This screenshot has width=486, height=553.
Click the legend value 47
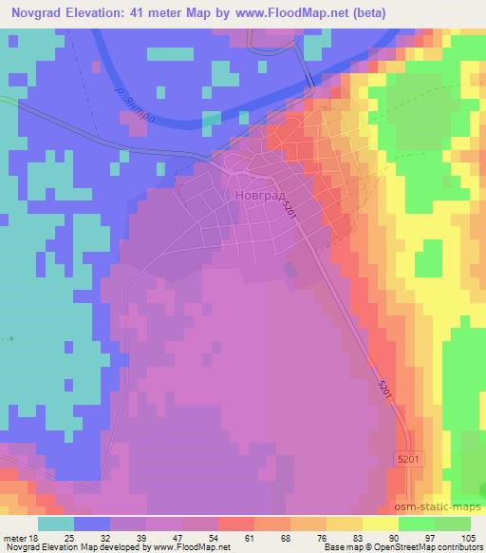[x=184, y=538]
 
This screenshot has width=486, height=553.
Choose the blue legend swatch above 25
[x=90, y=524]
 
